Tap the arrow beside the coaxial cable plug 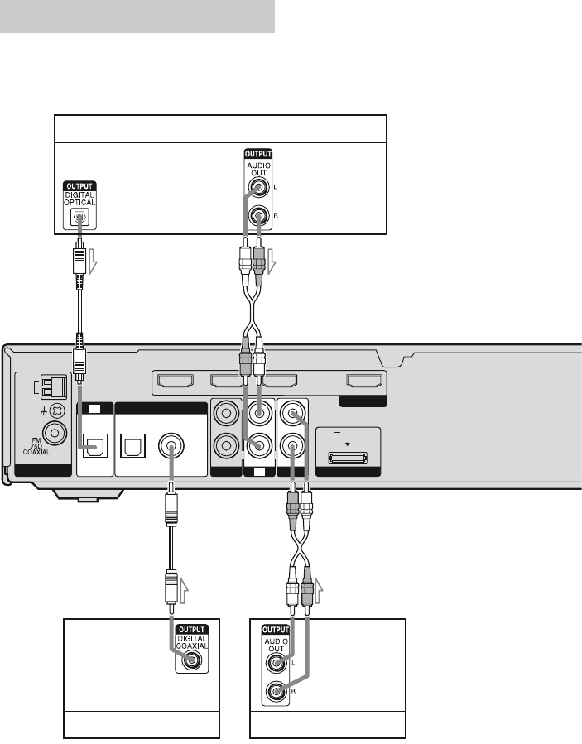185,589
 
